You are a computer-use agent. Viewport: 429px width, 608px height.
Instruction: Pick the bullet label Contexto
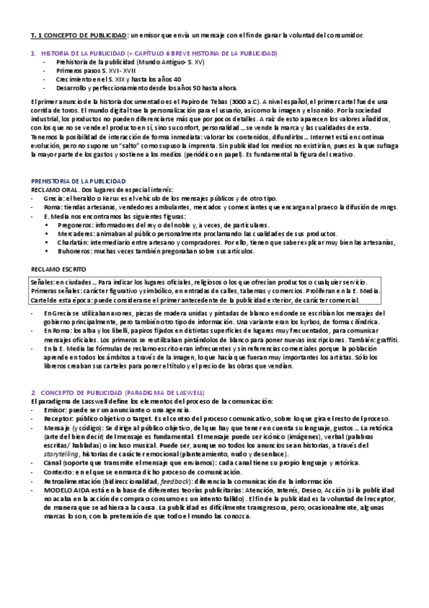(x=57, y=472)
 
